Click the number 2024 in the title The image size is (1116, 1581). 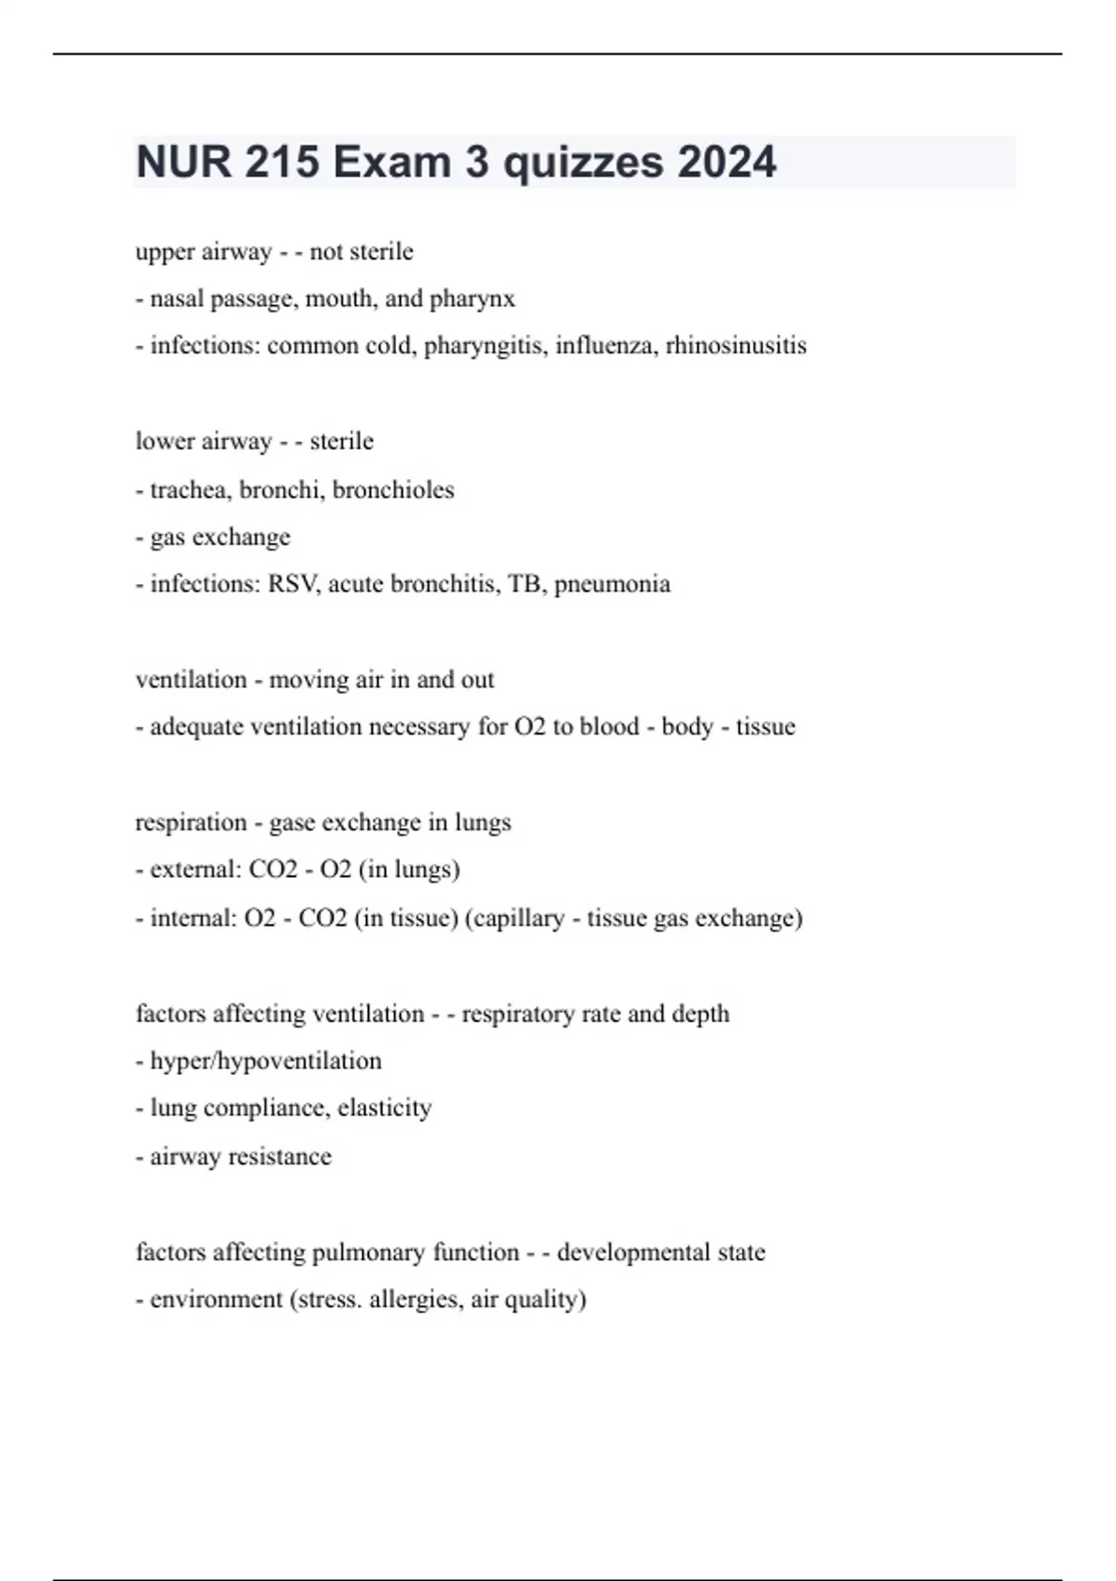(726, 162)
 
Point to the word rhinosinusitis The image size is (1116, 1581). (736, 346)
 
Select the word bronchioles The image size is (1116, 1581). (393, 490)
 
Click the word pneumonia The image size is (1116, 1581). (612, 584)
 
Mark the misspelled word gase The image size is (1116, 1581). (292, 823)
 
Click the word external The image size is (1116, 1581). (195, 870)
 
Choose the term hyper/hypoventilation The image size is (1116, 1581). (265, 1061)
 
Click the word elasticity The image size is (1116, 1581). (384, 1108)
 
